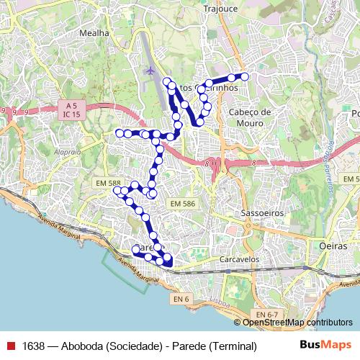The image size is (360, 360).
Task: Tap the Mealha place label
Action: pyautogui.click(x=95, y=33)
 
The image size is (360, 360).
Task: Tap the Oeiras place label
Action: pyautogui.click(x=333, y=246)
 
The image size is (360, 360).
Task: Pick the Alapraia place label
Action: pyautogui.click(x=67, y=152)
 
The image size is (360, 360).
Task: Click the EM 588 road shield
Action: pyautogui.click(x=108, y=184)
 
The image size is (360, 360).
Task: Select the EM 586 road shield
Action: pyautogui.click(x=183, y=204)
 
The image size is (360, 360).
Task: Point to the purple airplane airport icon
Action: pyautogui.click(x=150, y=71)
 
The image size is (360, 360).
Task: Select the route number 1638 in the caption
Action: pyautogui.click(x=34, y=346)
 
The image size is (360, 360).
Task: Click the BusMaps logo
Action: pyautogui.click(x=325, y=345)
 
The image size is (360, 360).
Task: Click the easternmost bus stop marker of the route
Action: pyautogui.click(x=244, y=76)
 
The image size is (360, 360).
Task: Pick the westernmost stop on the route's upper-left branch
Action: pyautogui.click(x=120, y=132)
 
